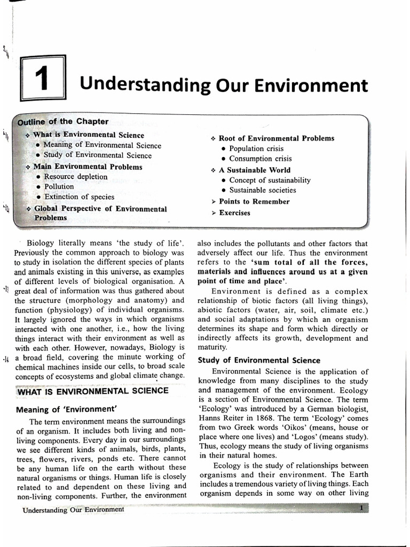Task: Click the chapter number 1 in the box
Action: pyautogui.click(x=42, y=79)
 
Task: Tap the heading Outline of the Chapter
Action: pyautogui.click(x=63, y=122)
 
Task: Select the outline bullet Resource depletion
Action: pyautogui.click(x=75, y=177)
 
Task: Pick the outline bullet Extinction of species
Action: pyautogui.click(x=79, y=197)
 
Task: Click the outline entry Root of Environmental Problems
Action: pyautogui.click(x=276, y=138)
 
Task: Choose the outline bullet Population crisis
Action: pyautogui.click(x=256, y=149)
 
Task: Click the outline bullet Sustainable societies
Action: pyautogui.click(x=262, y=190)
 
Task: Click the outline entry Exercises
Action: pyautogui.click(x=234, y=213)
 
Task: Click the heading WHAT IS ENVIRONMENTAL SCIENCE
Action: pyautogui.click(x=93, y=391)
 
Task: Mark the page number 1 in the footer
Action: pyautogui.click(x=362, y=508)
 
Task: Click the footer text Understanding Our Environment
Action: pyautogui.click(x=73, y=509)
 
